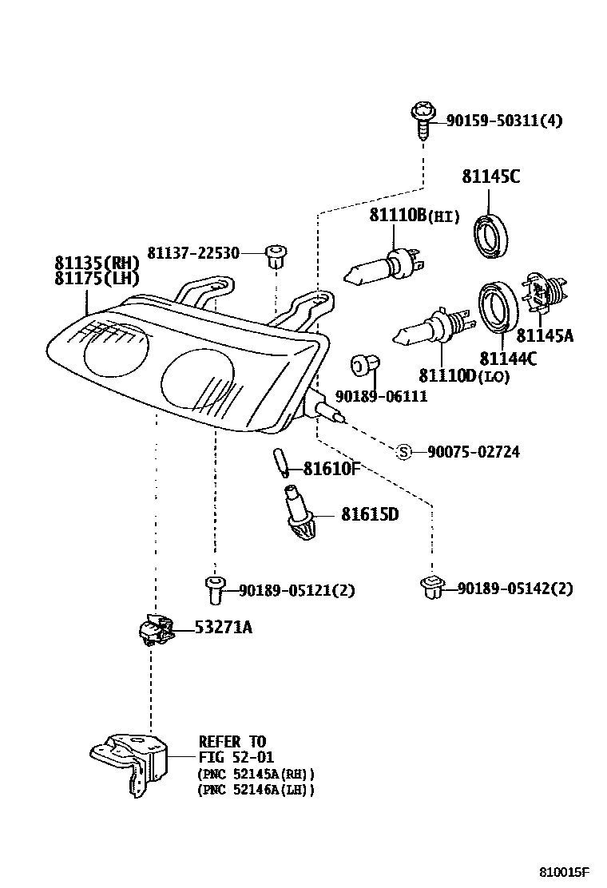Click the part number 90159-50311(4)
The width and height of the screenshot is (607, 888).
coord(503,121)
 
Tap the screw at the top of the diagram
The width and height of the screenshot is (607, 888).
coord(423,120)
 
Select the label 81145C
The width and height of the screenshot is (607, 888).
coord(490,176)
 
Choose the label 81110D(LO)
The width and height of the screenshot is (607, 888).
coord(463,375)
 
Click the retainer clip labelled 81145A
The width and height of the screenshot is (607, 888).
coord(542,293)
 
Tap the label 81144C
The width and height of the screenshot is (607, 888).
coord(507,359)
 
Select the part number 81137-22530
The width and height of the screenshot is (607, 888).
coord(193,252)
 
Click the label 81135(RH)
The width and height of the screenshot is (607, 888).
coord(97,263)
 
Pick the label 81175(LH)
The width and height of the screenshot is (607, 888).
coord(97,278)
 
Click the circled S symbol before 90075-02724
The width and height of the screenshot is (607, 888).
coord(404,452)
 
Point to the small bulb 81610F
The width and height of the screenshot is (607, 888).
coord(280,462)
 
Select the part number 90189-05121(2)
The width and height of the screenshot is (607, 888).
coord(296,590)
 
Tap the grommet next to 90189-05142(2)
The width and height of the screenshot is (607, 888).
coord(431,587)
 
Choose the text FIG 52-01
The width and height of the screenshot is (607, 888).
coord(232,758)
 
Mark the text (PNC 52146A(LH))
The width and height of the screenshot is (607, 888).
coord(256,789)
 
